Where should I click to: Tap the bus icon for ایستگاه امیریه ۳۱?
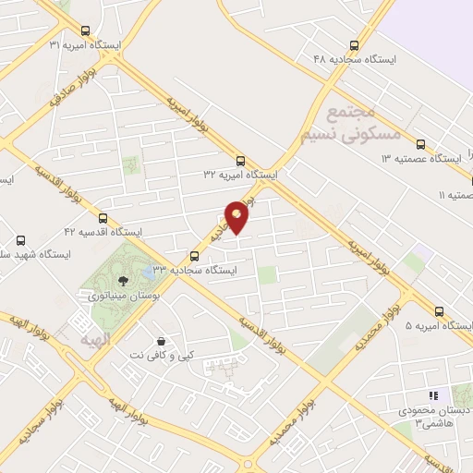85,30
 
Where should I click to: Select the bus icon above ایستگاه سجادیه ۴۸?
354,44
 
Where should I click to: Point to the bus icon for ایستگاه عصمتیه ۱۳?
420,144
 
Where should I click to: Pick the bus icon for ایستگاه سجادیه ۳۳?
194,256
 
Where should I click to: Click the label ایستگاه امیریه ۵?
439,326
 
